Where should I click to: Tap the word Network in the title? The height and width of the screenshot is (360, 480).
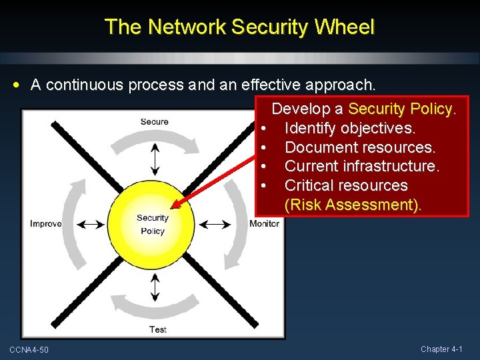[187, 27]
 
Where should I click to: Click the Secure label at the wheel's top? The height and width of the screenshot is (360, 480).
[154, 121]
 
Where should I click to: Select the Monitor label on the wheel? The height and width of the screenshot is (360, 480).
[264, 223]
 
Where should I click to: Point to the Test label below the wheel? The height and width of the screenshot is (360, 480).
[157, 329]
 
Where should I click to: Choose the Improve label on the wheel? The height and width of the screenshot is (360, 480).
[46, 223]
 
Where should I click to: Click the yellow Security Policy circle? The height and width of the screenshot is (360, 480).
[153, 224]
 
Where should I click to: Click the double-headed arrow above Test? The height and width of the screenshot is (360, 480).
[155, 287]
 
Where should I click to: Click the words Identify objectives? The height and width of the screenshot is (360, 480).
[350, 127]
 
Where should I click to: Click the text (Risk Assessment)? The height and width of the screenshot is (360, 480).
[353, 205]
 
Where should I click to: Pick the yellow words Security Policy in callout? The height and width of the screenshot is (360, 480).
[402, 108]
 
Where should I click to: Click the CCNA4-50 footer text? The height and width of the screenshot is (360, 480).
[29, 350]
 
